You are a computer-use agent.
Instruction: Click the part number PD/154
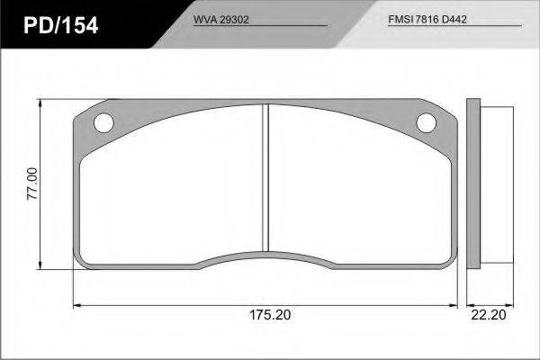pos(61,25)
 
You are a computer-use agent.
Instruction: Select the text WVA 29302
pos(220,20)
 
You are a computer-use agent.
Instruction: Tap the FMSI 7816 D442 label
pos(427,19)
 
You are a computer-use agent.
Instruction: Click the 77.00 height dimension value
pos(32,184)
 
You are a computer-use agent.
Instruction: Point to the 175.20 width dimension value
pos(270,314)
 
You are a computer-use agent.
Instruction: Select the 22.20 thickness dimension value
pos(489,314)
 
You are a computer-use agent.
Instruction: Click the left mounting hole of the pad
pos(103,122)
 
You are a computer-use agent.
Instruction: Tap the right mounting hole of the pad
pos(426,122)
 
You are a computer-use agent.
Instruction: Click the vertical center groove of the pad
pos(265,177)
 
